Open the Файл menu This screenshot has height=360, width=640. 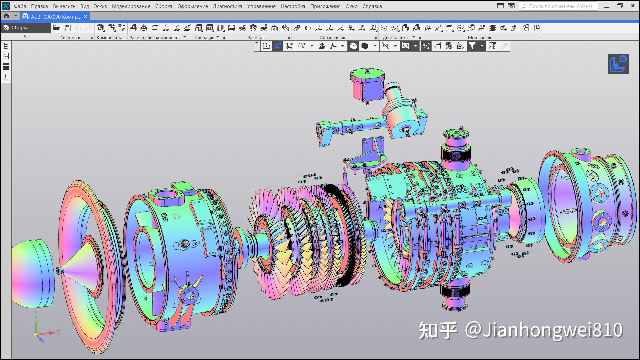pyautogui.click(x=20, y=6)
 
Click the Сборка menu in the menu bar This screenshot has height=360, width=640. pyautogui.click(x=163, y=6)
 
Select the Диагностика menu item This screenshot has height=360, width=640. pyautogui.click(x=227, y=6)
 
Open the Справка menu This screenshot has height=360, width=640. pyautogui.click(x=372, y=6)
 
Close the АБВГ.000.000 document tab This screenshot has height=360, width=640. pyautogui.click(x=86, y=16)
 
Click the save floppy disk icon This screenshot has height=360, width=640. pyautogui.click(x=67, y=28)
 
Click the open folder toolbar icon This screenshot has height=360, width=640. pyautogui.click(x=56, y=28)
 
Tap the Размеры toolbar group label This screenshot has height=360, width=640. pyautogui.click(x=256, y=37)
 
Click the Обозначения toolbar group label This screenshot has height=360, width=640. pyautogui.click(x=333, y=37)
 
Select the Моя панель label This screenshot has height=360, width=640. pyautogui.click(x=480, y=37)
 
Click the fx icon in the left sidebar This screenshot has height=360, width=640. pyautogui.click(x=6, y=78)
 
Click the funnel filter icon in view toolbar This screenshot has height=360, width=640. pyautogui.click(x=472, y=46)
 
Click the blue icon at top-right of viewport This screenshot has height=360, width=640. pyautogui.click(x=618, y=64)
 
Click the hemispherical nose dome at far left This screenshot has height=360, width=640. pyautogui.click(x=32, y=273)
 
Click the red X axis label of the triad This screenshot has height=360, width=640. pyautogui.click(x=58, y=332)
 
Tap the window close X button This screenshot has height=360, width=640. pyautogui.click(x=633, y=6)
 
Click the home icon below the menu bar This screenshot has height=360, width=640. pyautogui.click(x=6, y=16)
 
